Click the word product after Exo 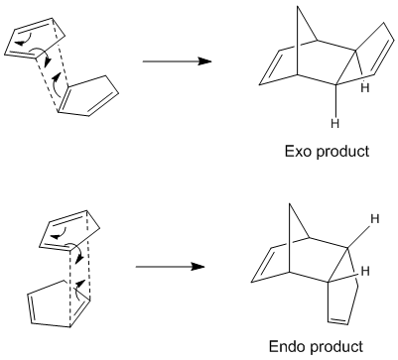coord(342,153)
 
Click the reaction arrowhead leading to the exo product coord(204,61)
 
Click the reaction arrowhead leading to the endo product coord(198,267)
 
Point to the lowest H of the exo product coord(335,124)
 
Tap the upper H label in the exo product coord(365,88)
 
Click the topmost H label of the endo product coord(375,218)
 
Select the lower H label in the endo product coord(365,271)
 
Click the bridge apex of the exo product coord(298,7)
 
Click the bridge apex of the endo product coord(290,204)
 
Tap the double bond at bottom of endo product coord(338,320)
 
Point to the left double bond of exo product coord(270,67)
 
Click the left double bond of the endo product coord(262,265)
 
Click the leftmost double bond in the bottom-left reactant coord(31,308)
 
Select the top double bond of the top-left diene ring coord(33,26)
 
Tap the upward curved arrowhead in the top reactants coord(58,76)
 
